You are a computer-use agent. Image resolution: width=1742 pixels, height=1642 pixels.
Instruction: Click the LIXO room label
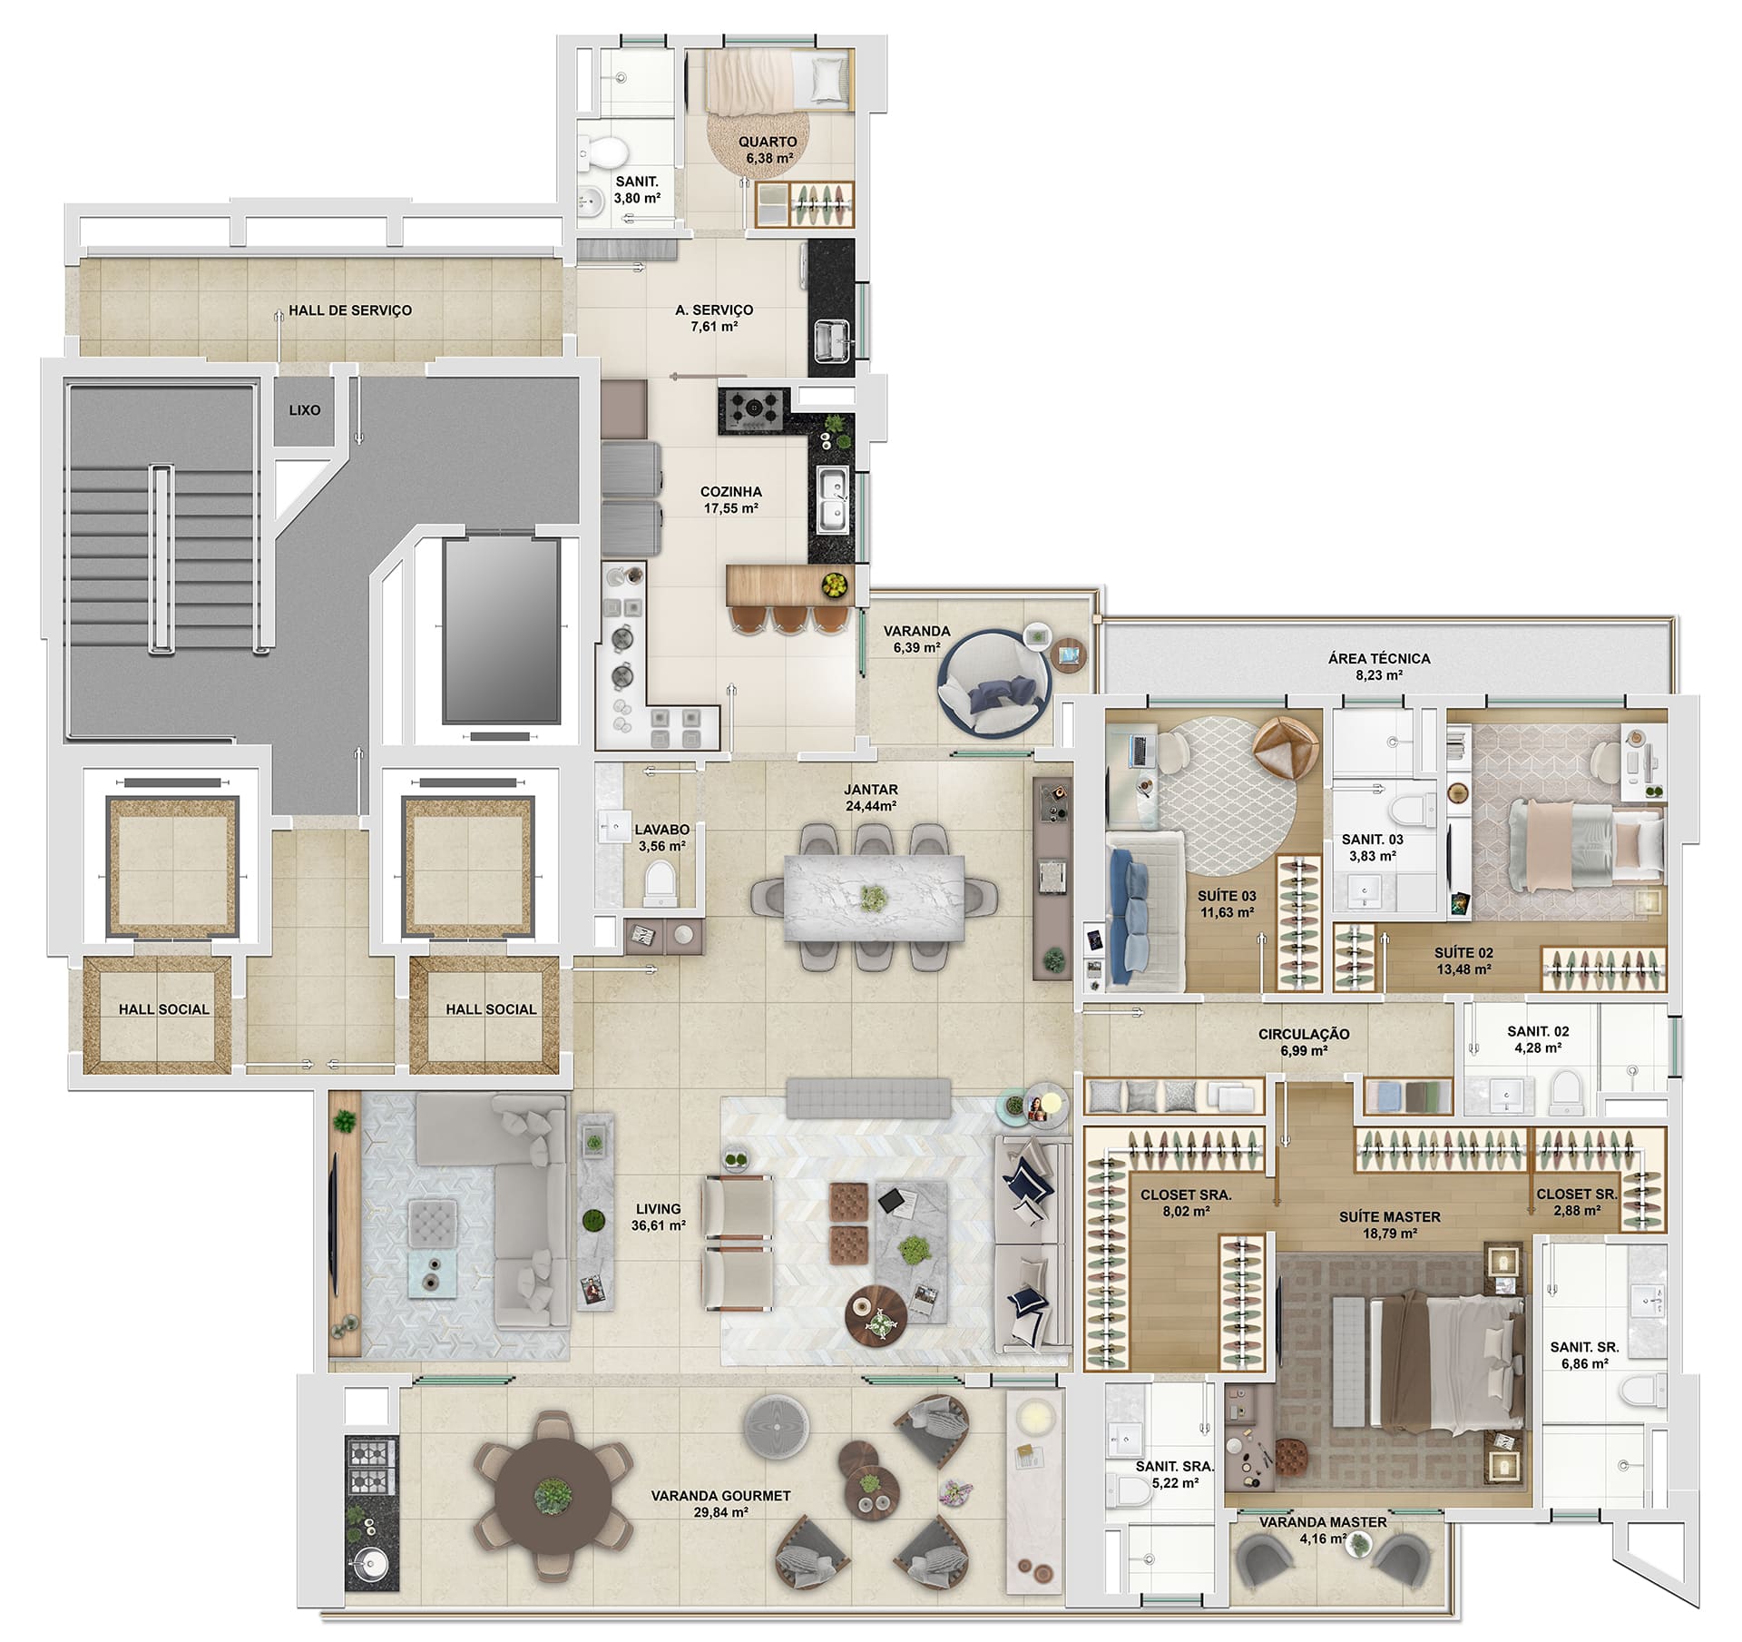305,410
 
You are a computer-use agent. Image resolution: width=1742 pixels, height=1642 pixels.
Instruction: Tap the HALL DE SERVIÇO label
350,310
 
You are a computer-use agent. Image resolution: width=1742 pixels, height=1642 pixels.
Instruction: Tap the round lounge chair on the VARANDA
994,681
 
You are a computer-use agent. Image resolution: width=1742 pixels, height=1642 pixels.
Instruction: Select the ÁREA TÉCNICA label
1379,659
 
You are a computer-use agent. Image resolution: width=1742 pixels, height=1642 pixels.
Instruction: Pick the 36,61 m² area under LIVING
659,1225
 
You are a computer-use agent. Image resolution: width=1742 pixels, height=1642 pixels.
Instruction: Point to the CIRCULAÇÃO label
1304,1034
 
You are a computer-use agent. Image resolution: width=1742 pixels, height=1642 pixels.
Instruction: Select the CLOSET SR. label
1577,1195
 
